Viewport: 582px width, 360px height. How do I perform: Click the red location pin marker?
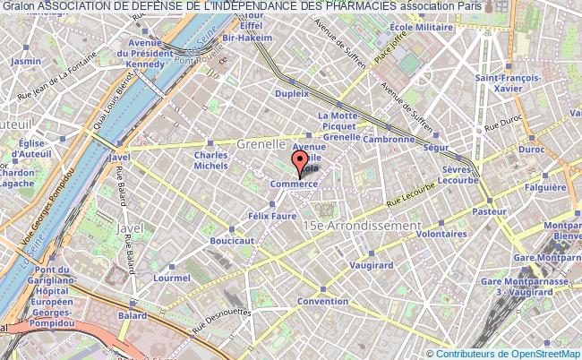297,165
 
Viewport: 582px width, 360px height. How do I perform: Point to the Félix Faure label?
268,216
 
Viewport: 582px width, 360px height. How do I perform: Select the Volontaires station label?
442,233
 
